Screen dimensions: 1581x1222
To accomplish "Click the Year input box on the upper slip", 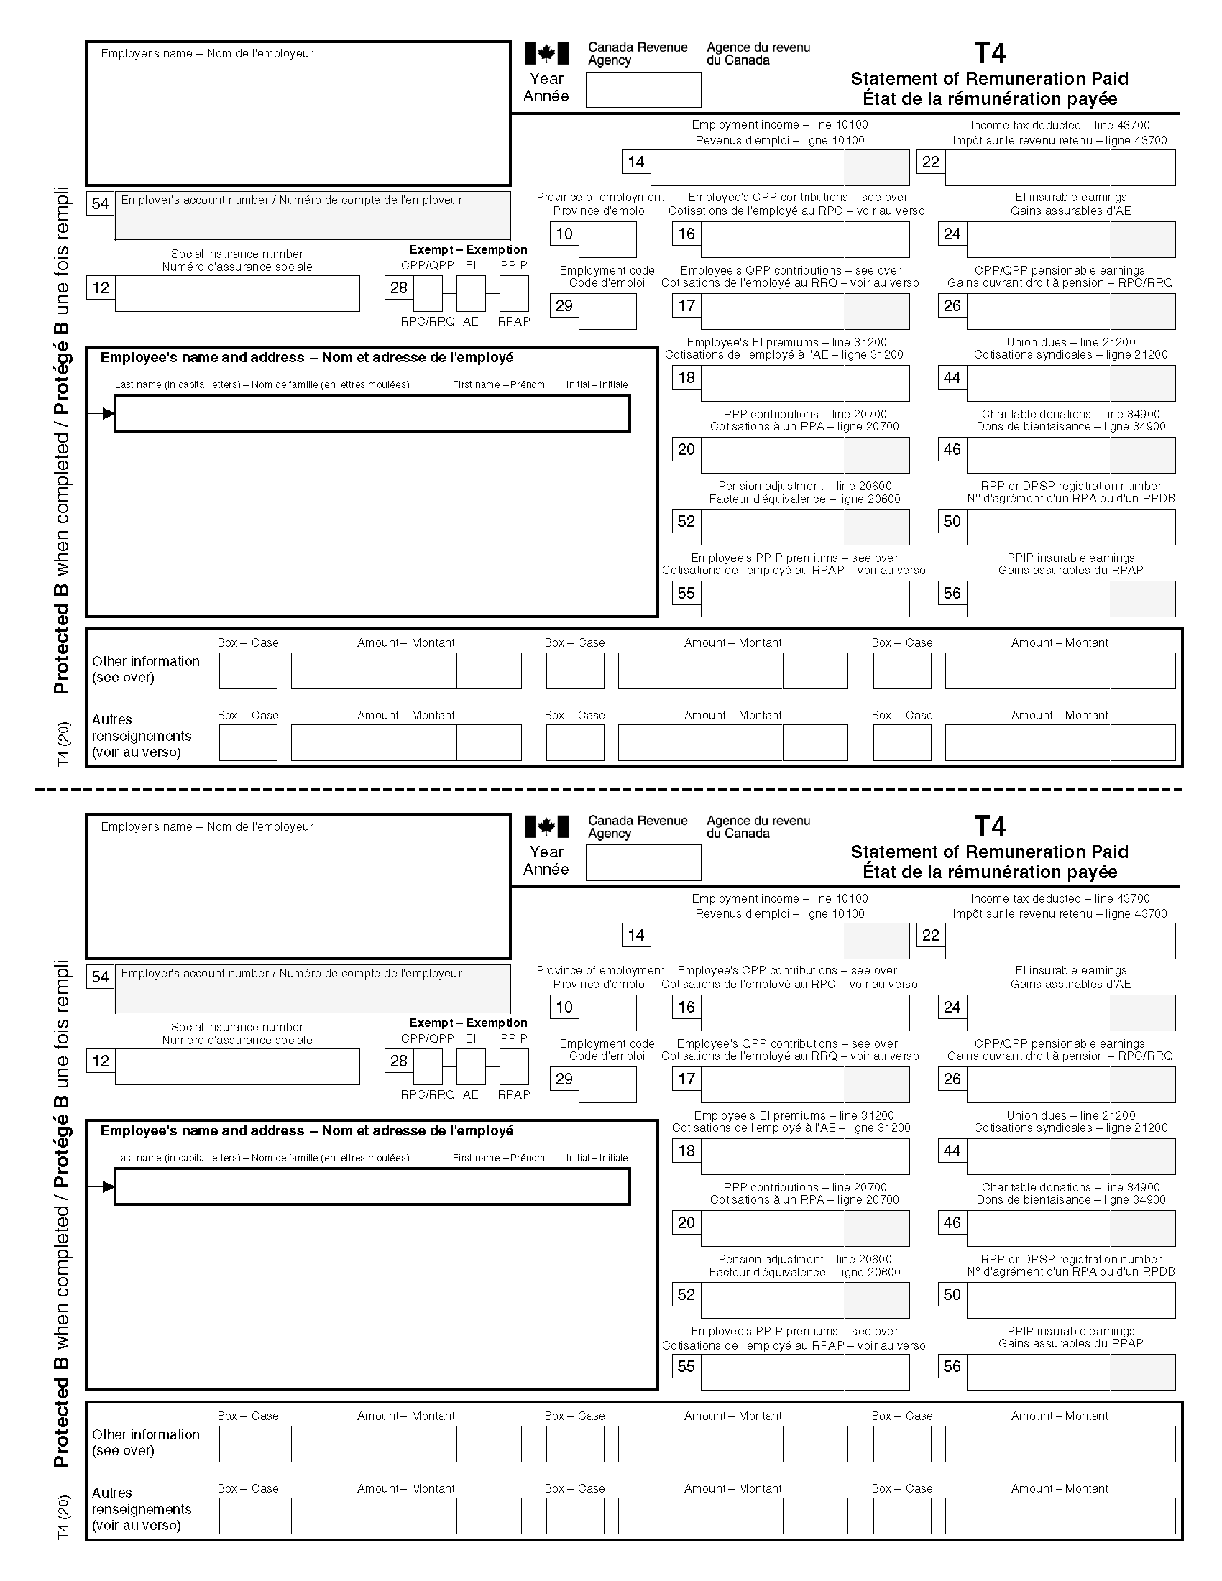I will click(x=643, y=90).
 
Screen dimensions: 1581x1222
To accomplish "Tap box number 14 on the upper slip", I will click(x=635, y=162).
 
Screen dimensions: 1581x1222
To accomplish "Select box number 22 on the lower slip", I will click(x=930, y=935).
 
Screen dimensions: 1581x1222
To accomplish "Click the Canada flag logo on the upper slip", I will click(x=546, y=54).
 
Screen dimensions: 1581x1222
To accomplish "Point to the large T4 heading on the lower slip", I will click(x=990, y=826).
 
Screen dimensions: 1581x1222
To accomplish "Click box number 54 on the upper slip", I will click(x=100, y=203).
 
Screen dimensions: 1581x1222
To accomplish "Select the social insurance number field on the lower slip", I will click(x=236, y=1066).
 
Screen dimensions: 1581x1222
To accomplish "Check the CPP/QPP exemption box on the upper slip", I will click(x=428, y=293).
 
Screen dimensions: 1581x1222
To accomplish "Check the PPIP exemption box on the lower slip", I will click(x=514, y=1066).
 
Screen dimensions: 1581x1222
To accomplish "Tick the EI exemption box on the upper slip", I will click(x=471, y=293).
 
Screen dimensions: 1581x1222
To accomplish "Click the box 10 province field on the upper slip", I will click(x=607, y=239).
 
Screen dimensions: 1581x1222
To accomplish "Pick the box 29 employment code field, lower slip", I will click(x=607, y=1084).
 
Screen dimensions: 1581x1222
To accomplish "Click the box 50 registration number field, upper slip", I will click(x=1070, y=527).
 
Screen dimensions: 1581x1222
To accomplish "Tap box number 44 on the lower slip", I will click(x=952, y=1151).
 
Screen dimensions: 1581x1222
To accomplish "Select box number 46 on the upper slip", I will click(x=952, y=450).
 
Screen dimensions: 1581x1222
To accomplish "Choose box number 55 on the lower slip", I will click(x=686, y=1367).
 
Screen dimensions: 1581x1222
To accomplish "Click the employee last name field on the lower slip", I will click(x=372, y=1187).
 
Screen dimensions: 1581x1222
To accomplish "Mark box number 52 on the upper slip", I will click(x=686, y=521).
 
